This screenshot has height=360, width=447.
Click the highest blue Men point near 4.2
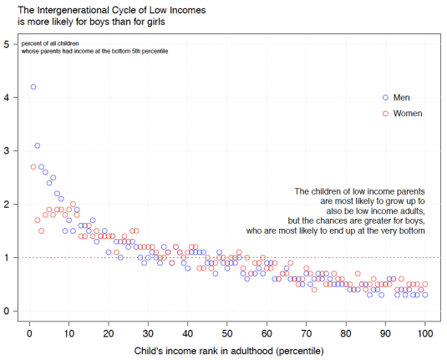pos(33,87)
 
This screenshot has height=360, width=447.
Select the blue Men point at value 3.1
pos(38,145)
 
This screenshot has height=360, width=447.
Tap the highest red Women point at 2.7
pos(33,167)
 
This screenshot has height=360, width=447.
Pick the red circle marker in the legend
pos(385,113)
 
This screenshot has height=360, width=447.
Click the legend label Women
pos(408,113)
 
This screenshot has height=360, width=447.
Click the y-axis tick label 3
pos(7,150)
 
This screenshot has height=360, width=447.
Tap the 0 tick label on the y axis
pos(7,311)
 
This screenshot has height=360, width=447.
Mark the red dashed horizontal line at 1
pos(251,257)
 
